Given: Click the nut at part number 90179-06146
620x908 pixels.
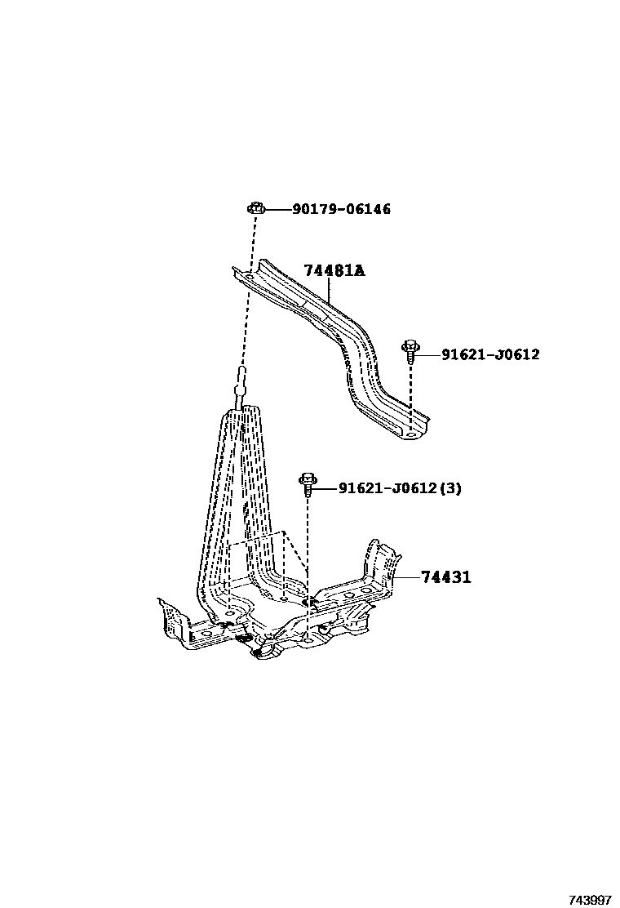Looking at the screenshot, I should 254,209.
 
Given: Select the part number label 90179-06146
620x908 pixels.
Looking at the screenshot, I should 341,210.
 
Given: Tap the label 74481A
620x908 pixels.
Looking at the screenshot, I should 334,271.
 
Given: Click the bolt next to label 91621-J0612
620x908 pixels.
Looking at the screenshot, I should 410,352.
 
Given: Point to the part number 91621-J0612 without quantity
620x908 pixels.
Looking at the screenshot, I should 490,354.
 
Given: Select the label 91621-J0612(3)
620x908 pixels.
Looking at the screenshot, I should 400,489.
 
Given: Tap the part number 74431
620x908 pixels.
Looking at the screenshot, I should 446,578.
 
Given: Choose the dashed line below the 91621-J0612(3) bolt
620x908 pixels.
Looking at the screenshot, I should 309,547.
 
